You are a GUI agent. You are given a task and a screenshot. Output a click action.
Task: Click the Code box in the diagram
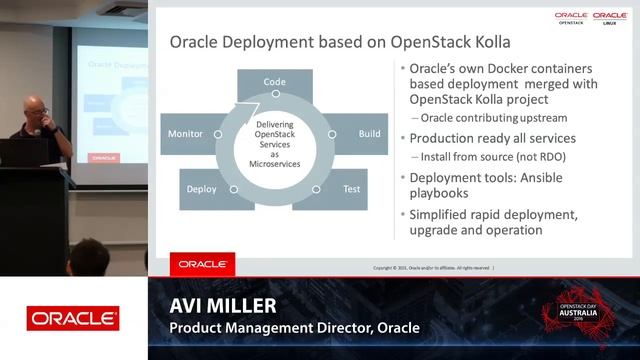tap(274, 81)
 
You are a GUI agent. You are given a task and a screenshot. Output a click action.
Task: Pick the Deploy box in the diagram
tap(203, 188)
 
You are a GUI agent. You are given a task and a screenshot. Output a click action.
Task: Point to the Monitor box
tap(186, 133)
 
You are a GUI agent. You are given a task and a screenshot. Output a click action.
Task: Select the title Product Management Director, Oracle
tap(294, 328)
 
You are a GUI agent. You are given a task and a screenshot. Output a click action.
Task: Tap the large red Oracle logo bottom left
tap(73, 319)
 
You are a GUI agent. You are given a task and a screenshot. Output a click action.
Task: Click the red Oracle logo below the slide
tap(202, 264)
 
